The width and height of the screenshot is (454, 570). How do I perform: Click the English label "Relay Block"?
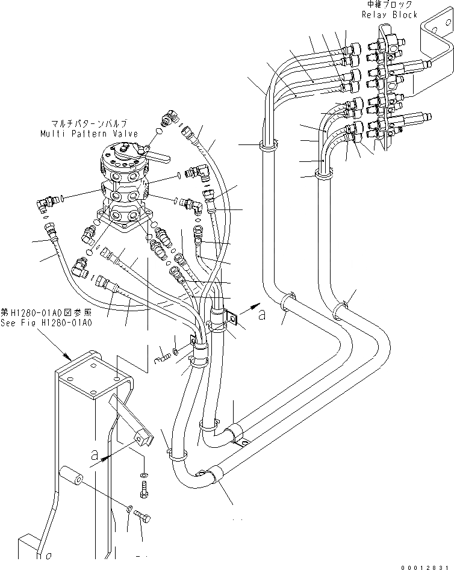tap(390, 14)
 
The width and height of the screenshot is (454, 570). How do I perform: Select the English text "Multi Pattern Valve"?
tap(89, 134)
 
